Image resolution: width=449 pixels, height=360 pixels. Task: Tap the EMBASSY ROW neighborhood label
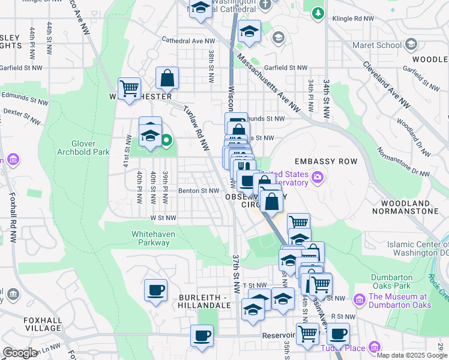[x=326, y=161]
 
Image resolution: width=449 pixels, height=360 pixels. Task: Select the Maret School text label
[x=381, y=45]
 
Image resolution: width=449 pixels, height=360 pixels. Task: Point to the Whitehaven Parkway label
[x=151, y=238]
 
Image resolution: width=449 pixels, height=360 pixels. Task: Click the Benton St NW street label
[x=199, y=191]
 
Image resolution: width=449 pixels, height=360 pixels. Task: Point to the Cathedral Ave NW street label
[x=188, y=41]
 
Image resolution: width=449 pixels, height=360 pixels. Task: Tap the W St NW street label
[x=163, y=218]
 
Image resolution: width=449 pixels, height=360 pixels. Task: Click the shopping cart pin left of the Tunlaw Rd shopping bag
[x=129, y=89]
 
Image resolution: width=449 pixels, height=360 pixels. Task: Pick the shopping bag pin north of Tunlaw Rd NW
[x=167, y=77]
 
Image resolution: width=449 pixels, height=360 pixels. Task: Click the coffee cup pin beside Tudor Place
[x=337, y=333]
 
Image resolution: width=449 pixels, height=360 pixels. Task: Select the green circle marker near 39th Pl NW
[x=167, y=142]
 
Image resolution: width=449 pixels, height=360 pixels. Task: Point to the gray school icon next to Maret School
[x=411, y=45]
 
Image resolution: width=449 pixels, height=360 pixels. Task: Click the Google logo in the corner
[x=20, y=353]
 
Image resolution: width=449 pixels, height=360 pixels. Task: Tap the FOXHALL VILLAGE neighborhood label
[x=43, y=324]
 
